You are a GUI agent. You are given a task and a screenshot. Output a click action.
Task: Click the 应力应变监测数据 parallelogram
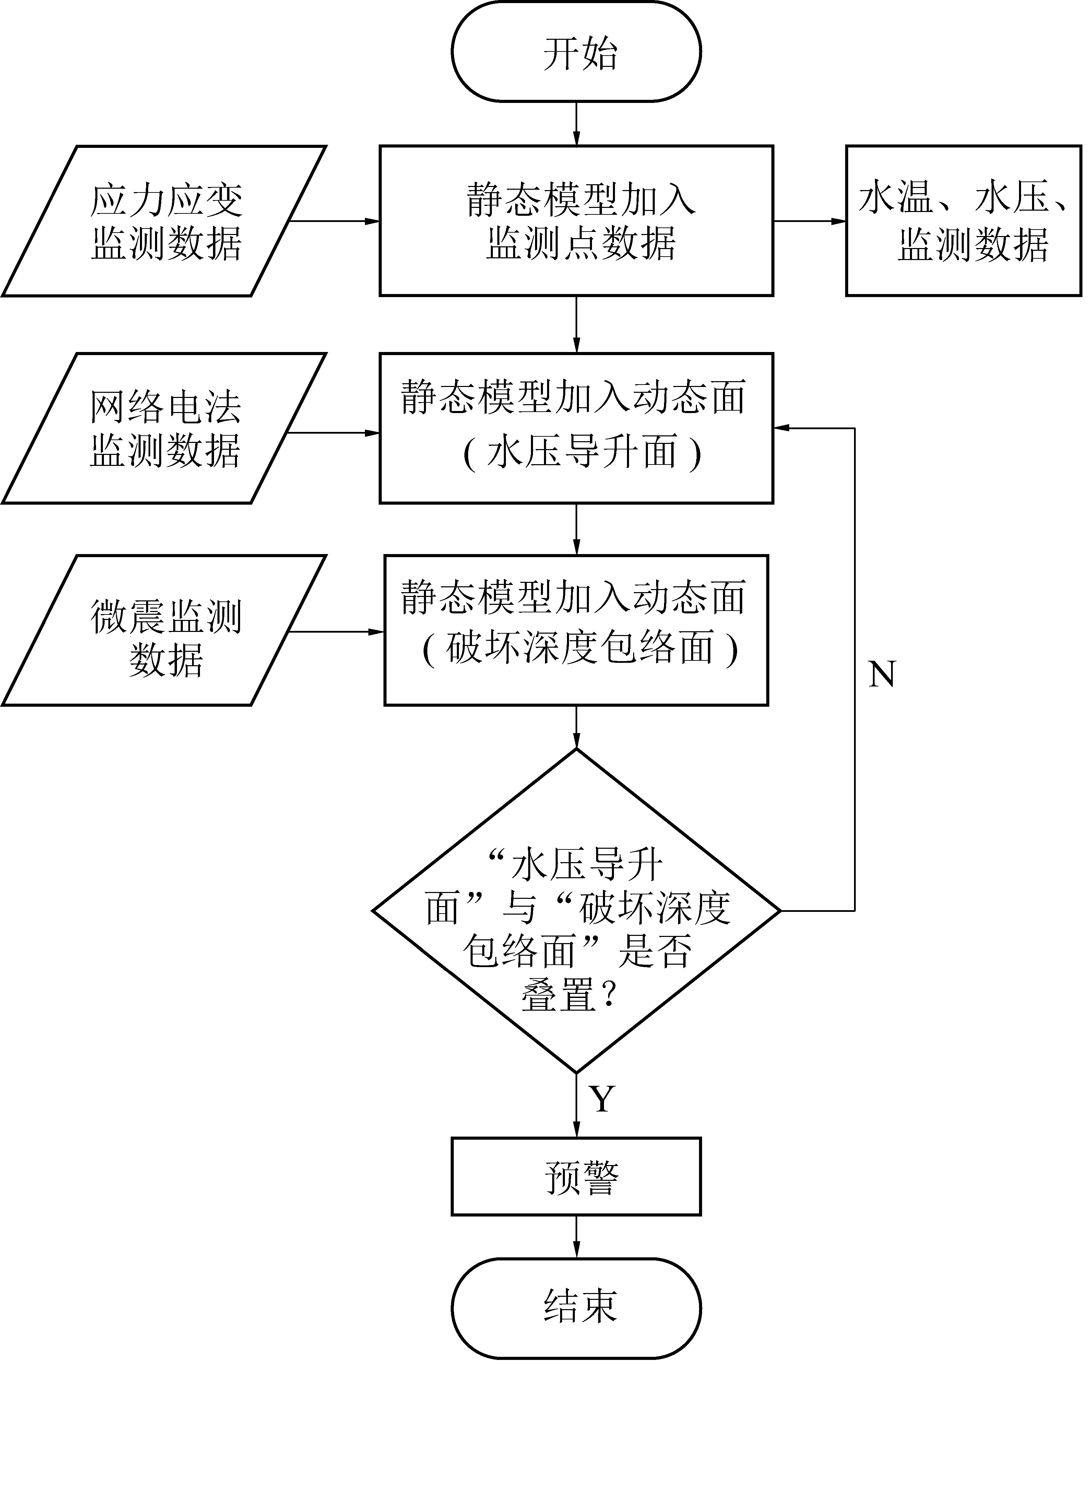point(164,221)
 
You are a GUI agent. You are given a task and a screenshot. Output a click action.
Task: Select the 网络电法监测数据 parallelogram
point(164,428)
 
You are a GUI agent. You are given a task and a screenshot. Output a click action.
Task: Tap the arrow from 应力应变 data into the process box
point(335,221)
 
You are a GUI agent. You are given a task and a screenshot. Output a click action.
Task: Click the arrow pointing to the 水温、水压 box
point(809,221)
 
